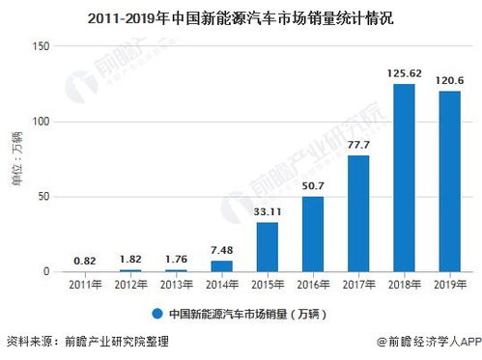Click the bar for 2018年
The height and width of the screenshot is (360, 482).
tap(404, 179)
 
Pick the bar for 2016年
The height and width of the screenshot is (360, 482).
tap(313, 235)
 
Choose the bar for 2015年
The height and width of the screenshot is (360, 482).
tap(268, 247)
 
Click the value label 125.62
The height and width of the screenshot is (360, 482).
tap(404, 73)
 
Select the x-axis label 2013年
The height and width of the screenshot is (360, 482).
tap(177, 285)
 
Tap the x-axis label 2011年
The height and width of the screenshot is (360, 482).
tap(86, 285)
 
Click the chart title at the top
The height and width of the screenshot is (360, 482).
tap(241, 16)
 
